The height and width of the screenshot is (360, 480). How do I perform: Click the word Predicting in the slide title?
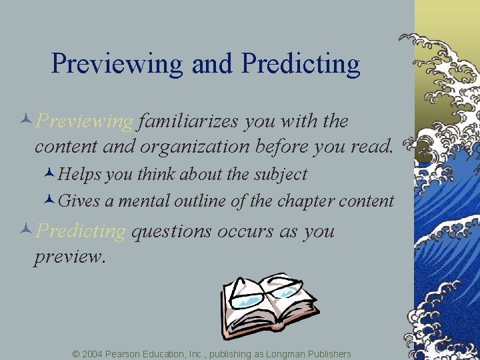click(301, 65)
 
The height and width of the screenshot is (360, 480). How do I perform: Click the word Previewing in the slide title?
click(117, 65)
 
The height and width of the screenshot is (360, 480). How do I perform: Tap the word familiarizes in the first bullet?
click(189, 121)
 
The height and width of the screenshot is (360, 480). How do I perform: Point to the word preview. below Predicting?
click(70, 257)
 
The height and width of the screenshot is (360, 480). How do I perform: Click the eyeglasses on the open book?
click(265, 291)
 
